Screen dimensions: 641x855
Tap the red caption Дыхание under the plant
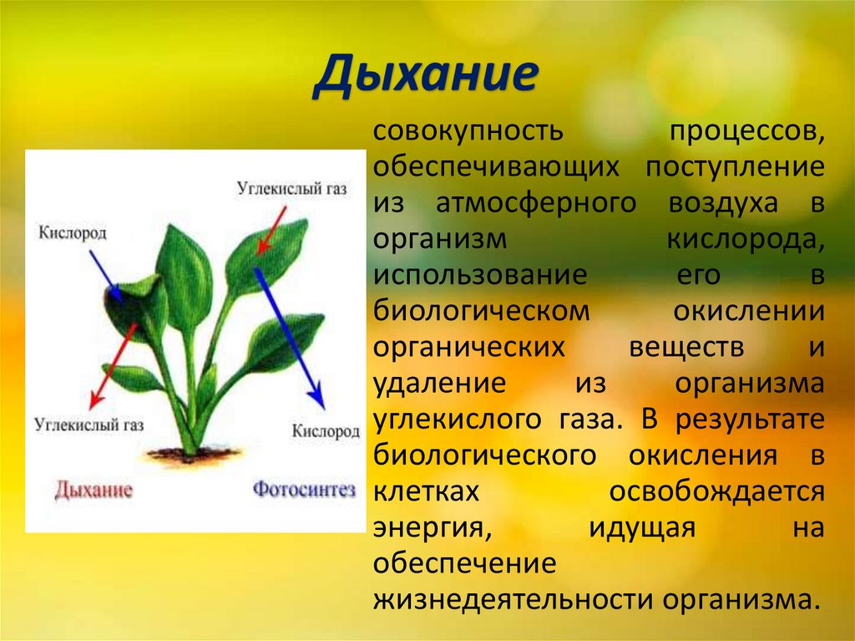[x=94, y=489]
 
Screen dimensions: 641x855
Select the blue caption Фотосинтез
[x=304, y=488]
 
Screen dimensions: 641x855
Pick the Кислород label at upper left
[x=73, y=232]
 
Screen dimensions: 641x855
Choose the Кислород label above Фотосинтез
[x=326, y=432]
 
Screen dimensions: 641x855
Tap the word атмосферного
[x=540, y=203]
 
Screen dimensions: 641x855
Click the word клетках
[x=427, y=492]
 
